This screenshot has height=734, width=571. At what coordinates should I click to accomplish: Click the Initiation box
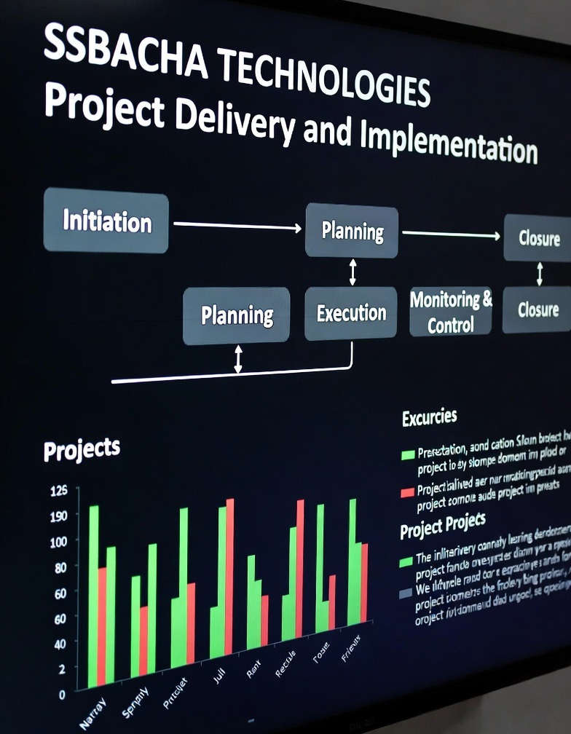coord(106,221)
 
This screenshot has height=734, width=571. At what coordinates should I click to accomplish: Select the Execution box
coord(351,313)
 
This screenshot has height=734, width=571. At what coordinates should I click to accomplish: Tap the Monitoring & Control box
coord(451,312)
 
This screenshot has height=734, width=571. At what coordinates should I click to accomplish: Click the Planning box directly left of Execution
coord(237,315)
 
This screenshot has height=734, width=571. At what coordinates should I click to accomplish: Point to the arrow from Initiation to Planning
coord(237,226)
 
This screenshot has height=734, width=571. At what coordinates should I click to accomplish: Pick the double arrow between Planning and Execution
coord(353,272)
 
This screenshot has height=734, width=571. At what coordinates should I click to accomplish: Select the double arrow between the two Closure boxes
coord(540,274)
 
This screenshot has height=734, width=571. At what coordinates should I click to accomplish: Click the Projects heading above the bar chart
coord(82,449)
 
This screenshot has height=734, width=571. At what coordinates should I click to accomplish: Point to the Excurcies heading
coord(429,417)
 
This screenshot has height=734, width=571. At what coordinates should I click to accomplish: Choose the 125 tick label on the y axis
coord(58,490)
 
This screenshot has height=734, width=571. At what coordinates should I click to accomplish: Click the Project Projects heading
coord(443,526)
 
